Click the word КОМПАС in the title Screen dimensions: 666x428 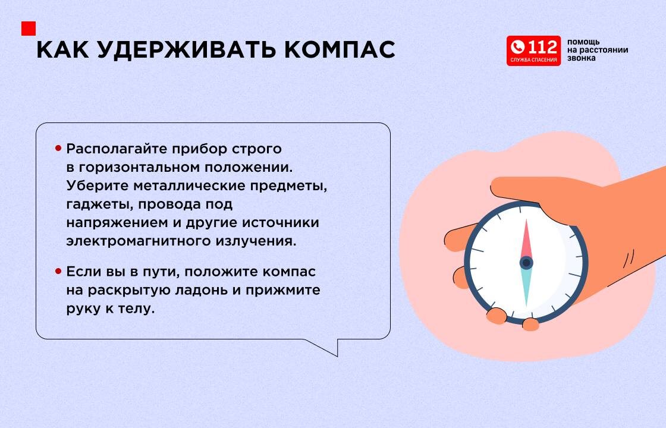click(340, 50)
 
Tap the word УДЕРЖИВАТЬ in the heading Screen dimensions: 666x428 click(187, 51)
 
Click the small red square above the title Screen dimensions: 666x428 click(29, 29)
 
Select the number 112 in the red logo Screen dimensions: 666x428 click(542, 46)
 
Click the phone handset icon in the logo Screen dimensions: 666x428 click(518, 47)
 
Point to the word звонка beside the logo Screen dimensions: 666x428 click(581, 58)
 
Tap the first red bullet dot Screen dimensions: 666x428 click(58, 148)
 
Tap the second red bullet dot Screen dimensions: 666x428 click(58, 271)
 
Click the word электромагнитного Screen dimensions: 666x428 click(137, 241)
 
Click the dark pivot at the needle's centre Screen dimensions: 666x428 click(526, 263)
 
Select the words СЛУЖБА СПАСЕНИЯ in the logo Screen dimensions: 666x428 click(533, 60)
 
